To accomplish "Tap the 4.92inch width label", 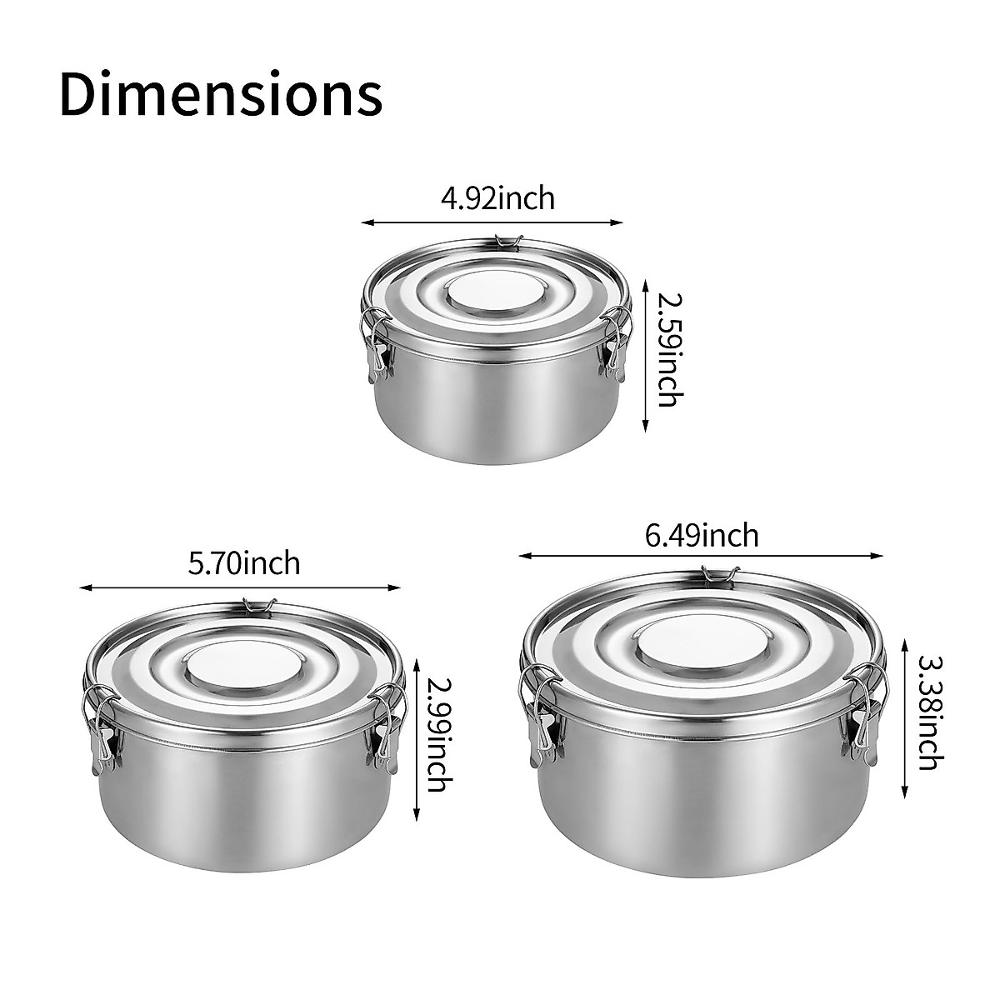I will pos(497,199).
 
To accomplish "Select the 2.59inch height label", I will pos(667,347).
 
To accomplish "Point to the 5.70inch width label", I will pos(243,563).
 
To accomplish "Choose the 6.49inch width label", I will pos(702,534).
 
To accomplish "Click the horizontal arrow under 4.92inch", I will pos(492,222).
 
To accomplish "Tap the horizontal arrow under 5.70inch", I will pos(241,587).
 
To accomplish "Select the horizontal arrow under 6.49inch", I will pos(700,555).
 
